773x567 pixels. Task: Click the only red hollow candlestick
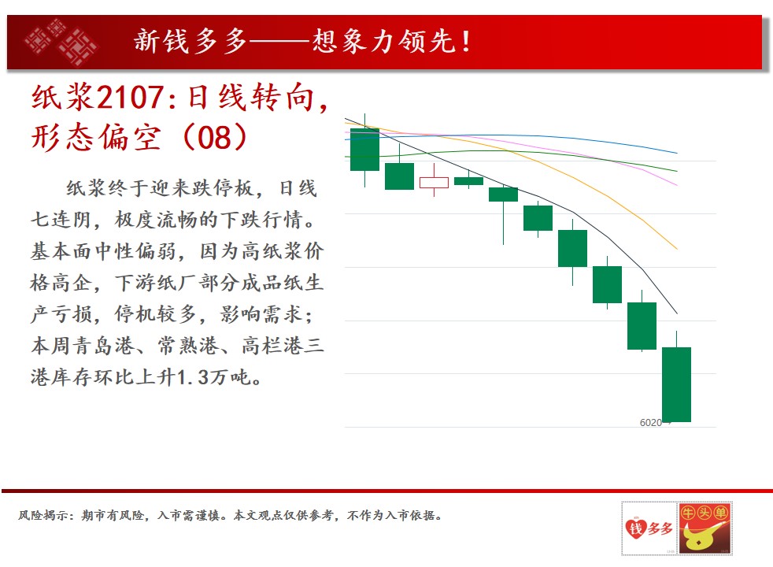(x=434, y=183)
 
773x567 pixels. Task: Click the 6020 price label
(x=650, y=423)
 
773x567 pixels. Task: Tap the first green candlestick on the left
(x=364, y=150)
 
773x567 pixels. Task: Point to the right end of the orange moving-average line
(x=678, y=249)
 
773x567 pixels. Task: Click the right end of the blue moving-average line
(x=678, y=154)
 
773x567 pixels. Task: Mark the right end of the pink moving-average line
(x=678, y=185)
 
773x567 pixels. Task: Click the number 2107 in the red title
(x=130, y=97)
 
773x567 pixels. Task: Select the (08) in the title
(x=214, y=137)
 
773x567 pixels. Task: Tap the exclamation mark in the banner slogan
(x=466, y=42)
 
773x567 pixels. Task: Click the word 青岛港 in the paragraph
(x=105, y=346)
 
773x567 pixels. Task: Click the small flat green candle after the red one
(x=468, y=181)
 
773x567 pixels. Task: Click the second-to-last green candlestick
(x=642, y=325)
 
